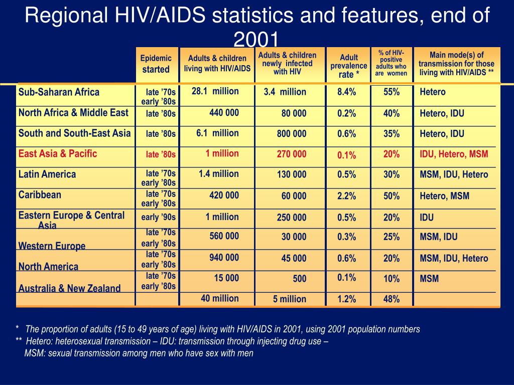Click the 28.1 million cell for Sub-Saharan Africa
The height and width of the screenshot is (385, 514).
point(215,91)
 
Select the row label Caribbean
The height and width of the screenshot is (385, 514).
point(40,195)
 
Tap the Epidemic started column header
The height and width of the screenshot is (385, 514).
point(156,64)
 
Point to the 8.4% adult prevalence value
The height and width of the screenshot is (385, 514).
point(346,92)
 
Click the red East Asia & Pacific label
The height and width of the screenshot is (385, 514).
point(58,153)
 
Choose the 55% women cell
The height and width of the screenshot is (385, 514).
point(392,92)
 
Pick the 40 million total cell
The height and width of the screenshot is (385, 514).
point(220,298)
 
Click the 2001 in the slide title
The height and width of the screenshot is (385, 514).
point(256,39)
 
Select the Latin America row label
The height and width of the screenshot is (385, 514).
point(47,174)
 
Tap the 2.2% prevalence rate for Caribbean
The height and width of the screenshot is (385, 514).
point(346,196)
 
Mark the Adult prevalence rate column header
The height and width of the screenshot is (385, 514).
point(348,66)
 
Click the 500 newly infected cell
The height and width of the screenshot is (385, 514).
point(300,279)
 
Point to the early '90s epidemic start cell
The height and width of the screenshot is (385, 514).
point(158,217)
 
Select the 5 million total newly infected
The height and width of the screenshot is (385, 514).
point(290,299)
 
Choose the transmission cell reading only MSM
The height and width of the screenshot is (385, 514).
point(429,279)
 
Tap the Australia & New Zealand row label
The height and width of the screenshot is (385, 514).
point(69,288)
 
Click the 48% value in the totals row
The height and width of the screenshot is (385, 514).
point(392,299)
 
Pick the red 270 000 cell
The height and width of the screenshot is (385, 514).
point(292,154)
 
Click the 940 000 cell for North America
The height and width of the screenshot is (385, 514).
point(224,258)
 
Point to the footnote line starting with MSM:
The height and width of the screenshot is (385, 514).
point(139,353)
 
